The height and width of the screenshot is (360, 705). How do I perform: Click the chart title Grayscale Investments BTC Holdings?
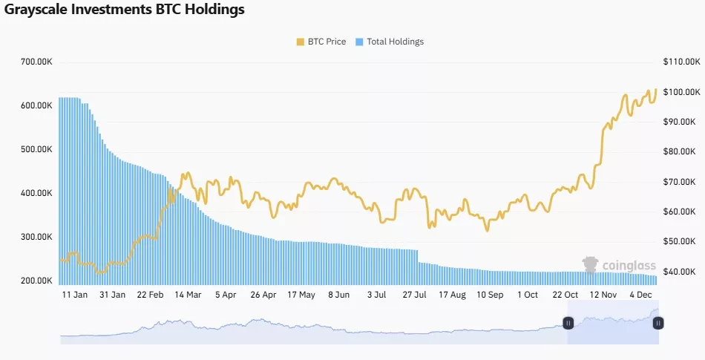coord(125,10)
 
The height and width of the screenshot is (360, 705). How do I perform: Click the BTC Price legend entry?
coord(321,42)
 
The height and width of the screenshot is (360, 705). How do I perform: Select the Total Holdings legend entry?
coord(390,42)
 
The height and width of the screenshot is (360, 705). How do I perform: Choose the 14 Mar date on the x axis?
coord(187,295)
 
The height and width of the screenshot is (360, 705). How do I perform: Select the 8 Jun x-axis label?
coord(338,295)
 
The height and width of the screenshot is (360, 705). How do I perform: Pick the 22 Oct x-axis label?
coord(565,295)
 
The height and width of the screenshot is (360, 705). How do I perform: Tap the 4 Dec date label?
coord(640,295)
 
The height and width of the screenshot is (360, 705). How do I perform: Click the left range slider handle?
coord(568,323)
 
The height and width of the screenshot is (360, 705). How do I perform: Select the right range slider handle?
coord(658,323)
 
